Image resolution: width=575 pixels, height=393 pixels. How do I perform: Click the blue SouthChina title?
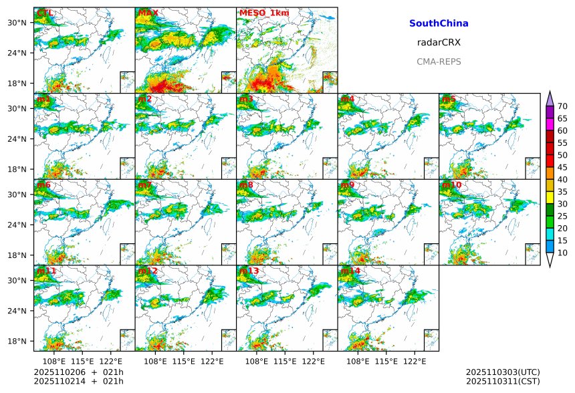[x=439, y=23]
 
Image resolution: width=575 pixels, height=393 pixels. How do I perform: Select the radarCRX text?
[x=439, y=42]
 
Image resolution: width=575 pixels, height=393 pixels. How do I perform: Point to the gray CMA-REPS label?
[x=439, y=61]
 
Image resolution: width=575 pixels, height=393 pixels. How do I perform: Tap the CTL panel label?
[x=45, y=13]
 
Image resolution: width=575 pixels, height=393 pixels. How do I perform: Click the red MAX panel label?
[x=148, y=13]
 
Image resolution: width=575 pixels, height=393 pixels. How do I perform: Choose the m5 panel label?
[x=449, y=99]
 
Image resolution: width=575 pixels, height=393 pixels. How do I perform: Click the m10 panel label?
[x=451, y=184]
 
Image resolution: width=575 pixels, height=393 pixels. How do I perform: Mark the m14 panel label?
[x=350, y=271]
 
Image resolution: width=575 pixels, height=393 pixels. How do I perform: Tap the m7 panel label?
[x=144, y=184]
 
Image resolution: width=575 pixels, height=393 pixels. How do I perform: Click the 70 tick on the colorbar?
[x=562, y=106]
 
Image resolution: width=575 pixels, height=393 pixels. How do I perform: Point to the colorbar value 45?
[x=562, y=167]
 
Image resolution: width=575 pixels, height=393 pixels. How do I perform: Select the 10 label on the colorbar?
[x=562, y=253]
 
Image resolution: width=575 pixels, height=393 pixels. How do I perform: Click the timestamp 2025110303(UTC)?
[x=503, y=372]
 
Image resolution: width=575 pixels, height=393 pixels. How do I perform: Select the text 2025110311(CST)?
[x=503, y=381]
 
